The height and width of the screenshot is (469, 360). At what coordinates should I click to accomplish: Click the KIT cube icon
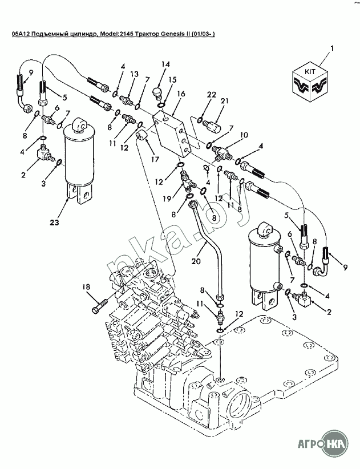[310, 83]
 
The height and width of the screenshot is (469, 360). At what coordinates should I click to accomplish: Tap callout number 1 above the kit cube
[332, 48]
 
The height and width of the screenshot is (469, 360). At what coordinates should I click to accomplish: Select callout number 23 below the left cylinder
[54, 223]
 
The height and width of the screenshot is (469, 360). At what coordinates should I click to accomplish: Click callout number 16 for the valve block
[181, 94]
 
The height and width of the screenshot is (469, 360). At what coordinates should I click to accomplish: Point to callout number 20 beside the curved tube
[196, 261]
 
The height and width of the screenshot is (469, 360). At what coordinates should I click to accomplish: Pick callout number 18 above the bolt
[86, 287]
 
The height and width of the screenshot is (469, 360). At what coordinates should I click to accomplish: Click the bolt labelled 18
[100, 305]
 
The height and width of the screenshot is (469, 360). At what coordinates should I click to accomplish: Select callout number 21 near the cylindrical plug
[225, 101]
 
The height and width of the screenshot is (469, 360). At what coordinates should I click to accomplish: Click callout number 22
[212, 95]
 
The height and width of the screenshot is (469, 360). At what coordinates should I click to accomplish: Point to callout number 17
[155, 159]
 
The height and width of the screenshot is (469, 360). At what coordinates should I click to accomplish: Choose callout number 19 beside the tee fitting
[167, 199]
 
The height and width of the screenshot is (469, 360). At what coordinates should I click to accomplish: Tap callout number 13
[134, 74]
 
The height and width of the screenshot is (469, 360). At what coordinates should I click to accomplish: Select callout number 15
[172, 80]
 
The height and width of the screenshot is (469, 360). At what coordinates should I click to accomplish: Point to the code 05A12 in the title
[17, 34]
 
